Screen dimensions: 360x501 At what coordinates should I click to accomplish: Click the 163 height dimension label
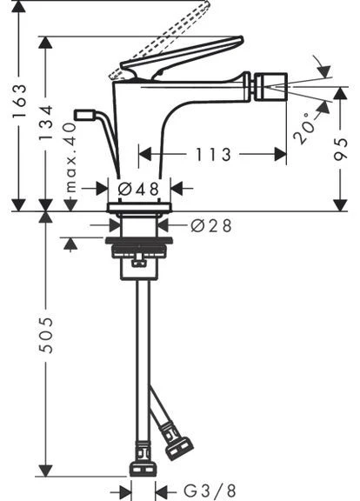tap(19, 101)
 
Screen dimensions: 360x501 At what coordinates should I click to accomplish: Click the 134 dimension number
tap(45, 123)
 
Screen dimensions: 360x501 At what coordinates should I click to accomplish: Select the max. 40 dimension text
tap(70, 157)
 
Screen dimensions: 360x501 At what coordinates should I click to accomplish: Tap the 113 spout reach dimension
tap(213, 155)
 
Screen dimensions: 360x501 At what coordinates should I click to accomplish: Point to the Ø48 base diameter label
tap(138, 189)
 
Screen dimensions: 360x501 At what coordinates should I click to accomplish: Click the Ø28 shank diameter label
tap(210, 226)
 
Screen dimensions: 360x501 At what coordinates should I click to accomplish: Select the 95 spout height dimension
tap(341, 149)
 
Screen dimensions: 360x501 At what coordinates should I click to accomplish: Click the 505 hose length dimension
tap(46, 335)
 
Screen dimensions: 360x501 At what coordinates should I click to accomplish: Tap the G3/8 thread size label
tap(210, 491)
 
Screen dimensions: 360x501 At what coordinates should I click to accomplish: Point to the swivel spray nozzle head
tap(270, 87)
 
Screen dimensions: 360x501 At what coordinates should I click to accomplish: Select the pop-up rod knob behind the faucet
tap(84, 115)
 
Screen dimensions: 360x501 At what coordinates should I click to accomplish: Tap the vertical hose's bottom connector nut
tap(143, 468)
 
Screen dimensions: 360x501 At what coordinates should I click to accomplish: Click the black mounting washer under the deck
tap(139, 240)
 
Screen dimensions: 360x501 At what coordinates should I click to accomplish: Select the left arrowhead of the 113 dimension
tap(144, 155)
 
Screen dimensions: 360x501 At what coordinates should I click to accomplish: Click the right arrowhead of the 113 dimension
tap(280, 155)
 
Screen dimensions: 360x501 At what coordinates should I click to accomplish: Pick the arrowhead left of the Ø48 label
tap(103, 189)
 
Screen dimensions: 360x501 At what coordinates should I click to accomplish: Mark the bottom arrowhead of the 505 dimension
tap(46, 471)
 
